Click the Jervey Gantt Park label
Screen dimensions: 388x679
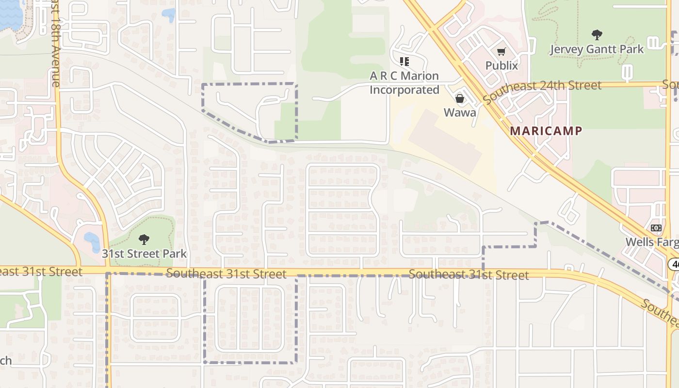coord(597,49)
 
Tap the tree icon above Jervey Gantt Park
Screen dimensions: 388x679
coord(597,35)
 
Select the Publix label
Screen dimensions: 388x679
coord(501,65)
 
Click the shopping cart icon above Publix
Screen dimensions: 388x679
coord(501,51)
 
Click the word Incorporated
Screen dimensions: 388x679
coord(404,90)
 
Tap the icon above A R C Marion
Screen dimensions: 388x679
coord(404,62)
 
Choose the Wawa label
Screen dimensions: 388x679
coord(460,113)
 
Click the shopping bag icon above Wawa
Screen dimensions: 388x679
coord(460,99)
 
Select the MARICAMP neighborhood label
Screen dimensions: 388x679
coord(546,131)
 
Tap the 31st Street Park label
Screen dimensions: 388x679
coord(144,253)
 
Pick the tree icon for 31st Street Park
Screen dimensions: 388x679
coord(144,239)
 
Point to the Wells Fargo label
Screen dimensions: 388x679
coord(651,242)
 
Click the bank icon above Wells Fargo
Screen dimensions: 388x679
coord(656,228)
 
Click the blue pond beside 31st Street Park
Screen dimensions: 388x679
coord(92,240)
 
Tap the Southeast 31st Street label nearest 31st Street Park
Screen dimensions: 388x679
coord(226,274)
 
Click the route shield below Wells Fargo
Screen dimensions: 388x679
coord(674,264)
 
